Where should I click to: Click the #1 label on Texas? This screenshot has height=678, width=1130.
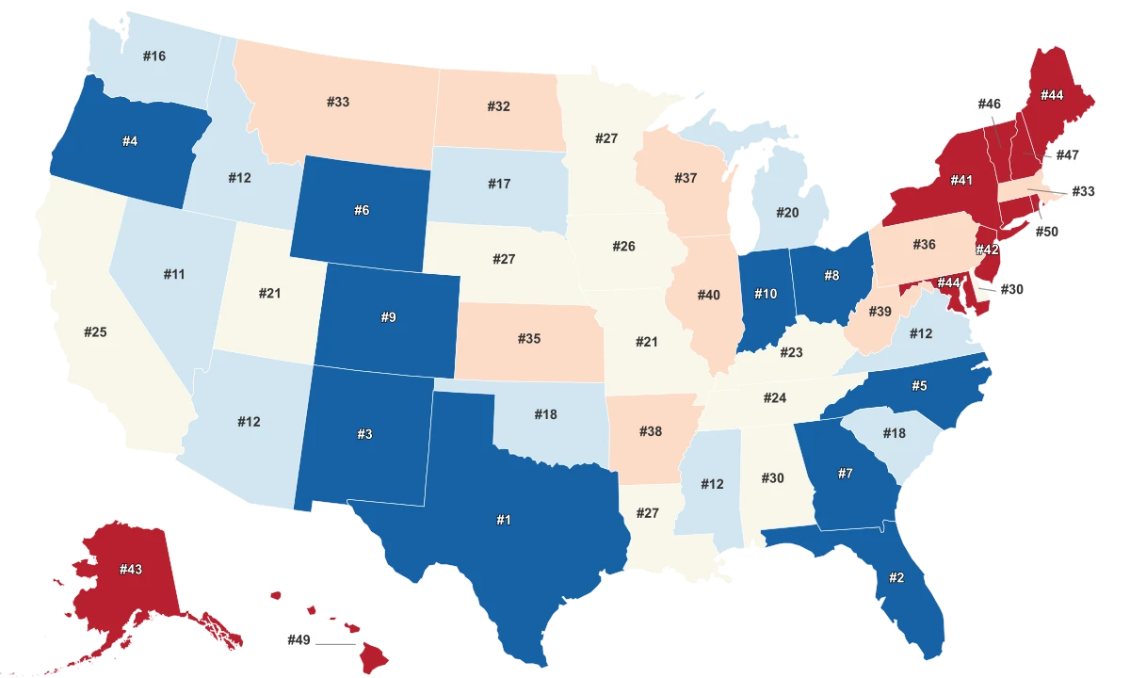pos(504,520)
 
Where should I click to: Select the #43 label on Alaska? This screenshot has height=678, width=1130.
pos(131,570)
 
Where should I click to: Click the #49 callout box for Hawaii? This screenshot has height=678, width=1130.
pos(299,640)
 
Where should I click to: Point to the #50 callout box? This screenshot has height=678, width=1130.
pos(1046,232)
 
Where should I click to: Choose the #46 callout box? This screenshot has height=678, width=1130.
pos(989,104)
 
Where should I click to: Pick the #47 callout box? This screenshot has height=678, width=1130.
pos(1067,154)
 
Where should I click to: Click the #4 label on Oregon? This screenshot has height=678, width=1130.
pos(130,141)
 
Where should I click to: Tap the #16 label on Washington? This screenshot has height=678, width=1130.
pos(154,56)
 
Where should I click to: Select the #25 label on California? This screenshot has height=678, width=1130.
pos(95,331)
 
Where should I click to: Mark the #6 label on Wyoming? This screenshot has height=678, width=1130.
pos(362,210)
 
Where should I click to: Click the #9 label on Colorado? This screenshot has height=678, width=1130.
pos(388,317)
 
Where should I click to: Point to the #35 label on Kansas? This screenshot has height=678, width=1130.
pos(529,338)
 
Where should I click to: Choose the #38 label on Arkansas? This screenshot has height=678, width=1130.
pos(651,431)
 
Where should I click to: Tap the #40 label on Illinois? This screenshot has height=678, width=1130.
pos(708,295)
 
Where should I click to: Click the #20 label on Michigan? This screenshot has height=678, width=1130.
pos(787,213)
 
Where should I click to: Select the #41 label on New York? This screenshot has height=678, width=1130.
pos(961,180)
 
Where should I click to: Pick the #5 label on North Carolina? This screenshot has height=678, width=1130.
pos(919,385)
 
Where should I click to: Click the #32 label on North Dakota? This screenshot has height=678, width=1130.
pos(499,106)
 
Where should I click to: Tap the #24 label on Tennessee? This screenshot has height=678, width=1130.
pos(775,397)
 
